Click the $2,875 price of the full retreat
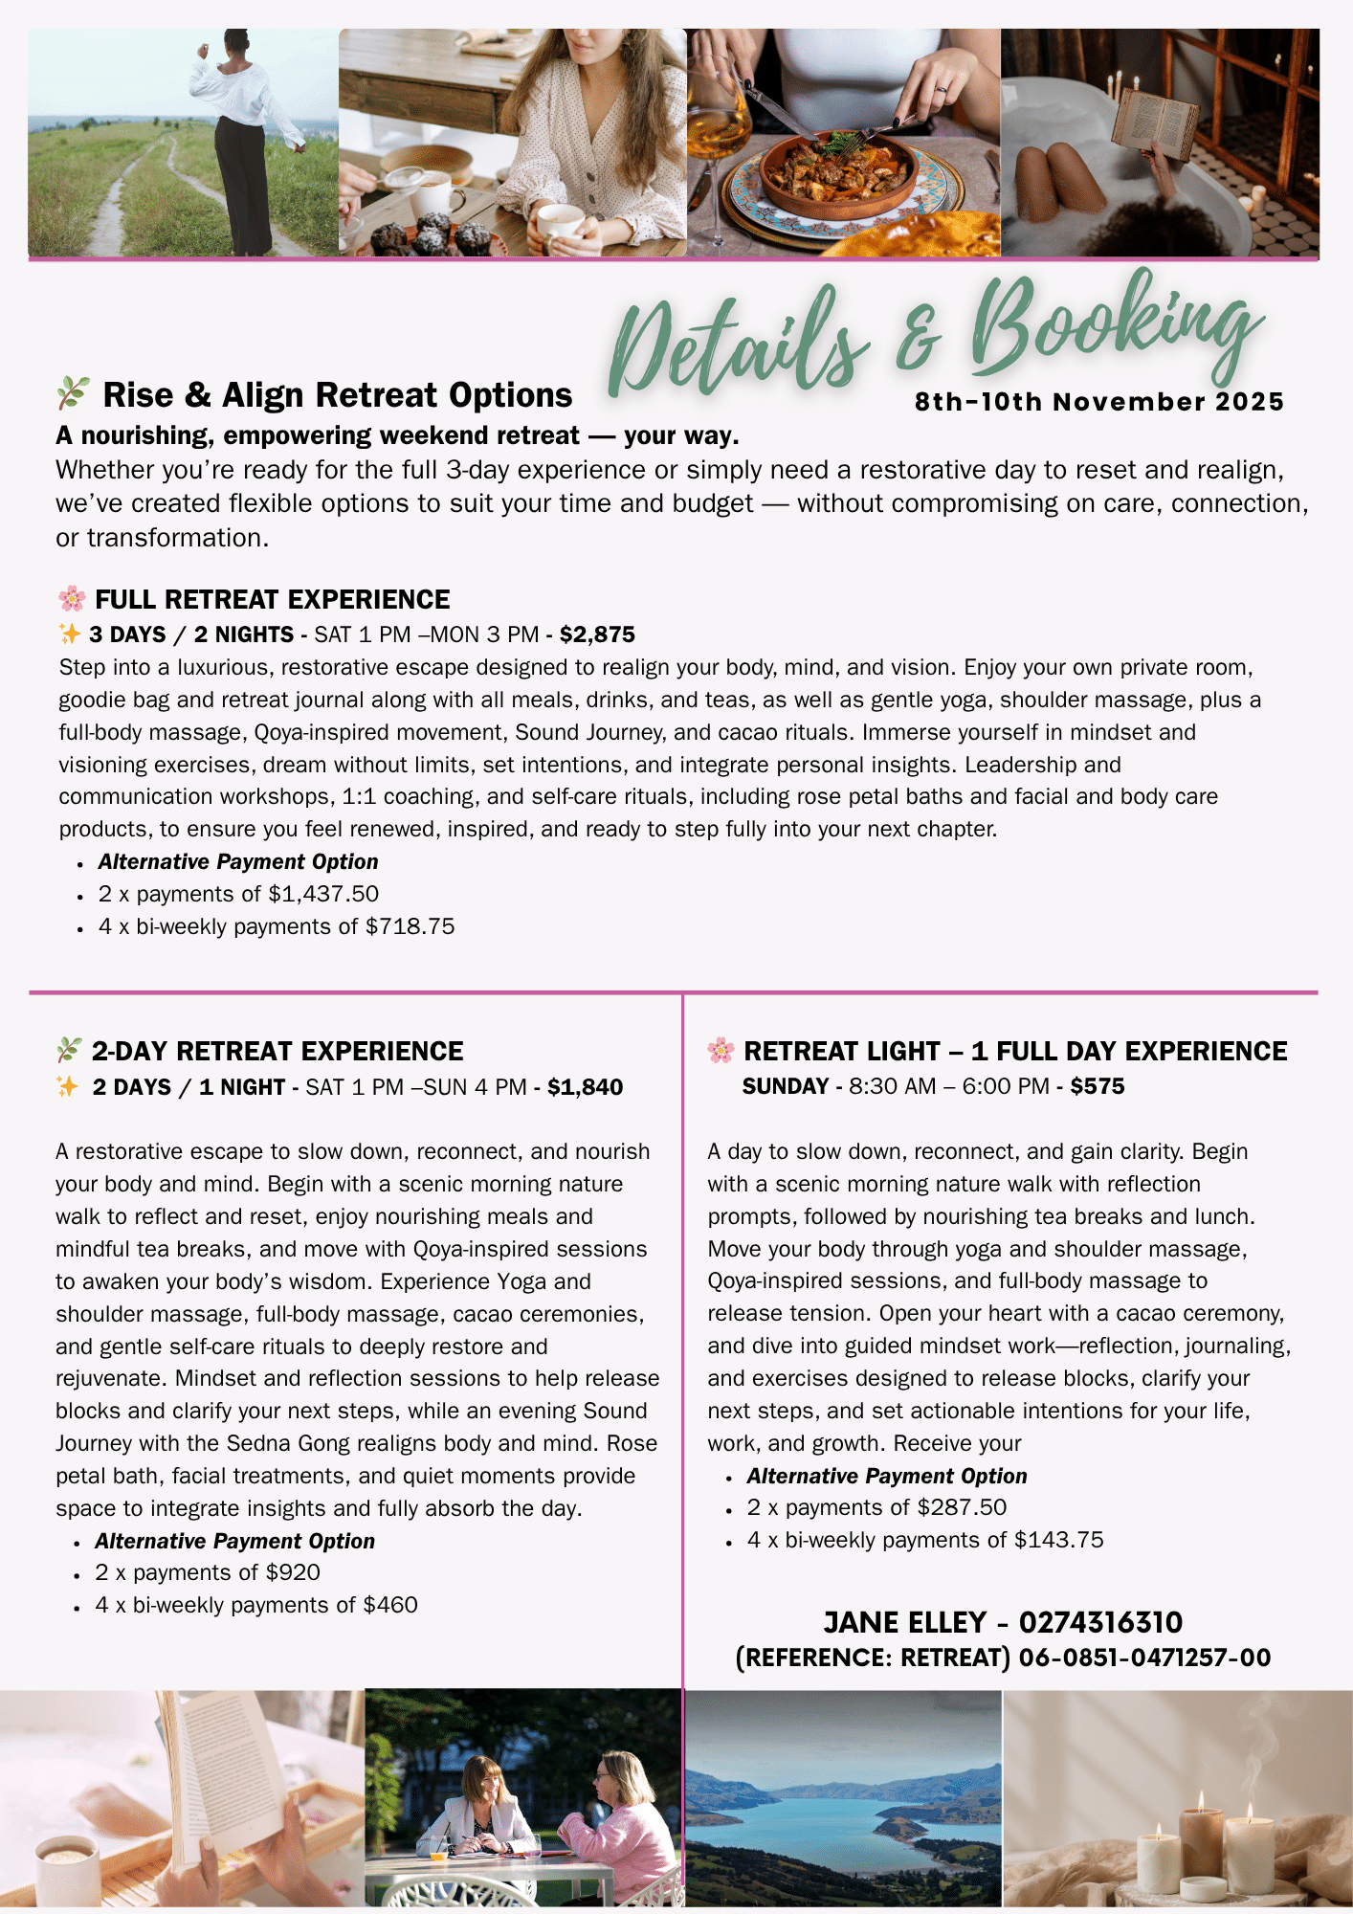(597, 634)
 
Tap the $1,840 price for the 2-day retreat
(585, 1087)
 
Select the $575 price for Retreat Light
(1098, 1086)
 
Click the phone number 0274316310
(1100, 1622)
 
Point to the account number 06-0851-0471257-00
(1144, 1658)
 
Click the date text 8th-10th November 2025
(1099, 402)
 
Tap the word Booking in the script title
(1115, 330)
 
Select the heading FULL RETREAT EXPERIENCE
(273, 599)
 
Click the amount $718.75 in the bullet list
(410, 926)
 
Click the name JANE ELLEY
(905, 1622)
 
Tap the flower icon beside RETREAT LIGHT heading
(721, 1051)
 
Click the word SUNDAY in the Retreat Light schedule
(786, 1086)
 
